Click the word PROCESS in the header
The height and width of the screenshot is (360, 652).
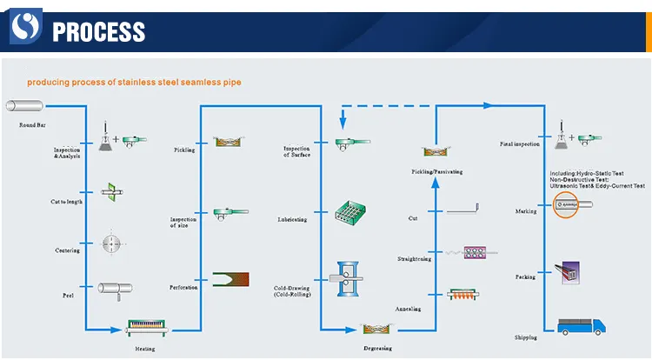(x=98, y=32)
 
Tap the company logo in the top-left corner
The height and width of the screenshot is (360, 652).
(x=27, y=30)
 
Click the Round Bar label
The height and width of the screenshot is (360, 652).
(x=33, y=124)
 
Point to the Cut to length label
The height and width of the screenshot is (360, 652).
(x=67, y=202)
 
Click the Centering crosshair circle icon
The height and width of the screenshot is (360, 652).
(x=110, y=241)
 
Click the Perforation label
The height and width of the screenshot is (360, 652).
(x=183, y=287)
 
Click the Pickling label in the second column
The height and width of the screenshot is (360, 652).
(x=184, y=150)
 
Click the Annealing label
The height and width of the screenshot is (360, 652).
(x=409, y=309)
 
